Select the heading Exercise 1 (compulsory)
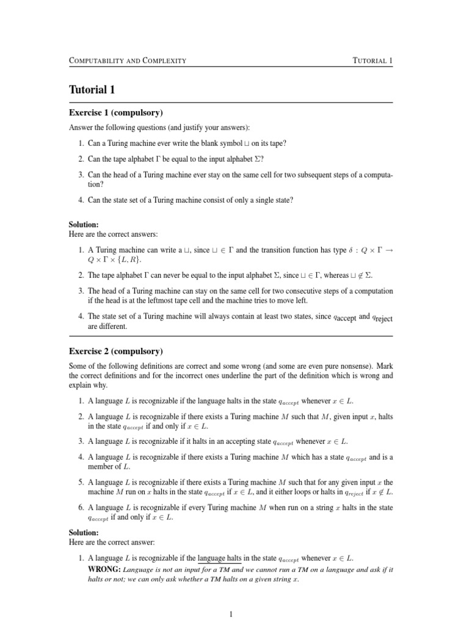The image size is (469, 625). pos(115,114)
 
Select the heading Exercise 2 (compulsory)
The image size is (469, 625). pos(115,352)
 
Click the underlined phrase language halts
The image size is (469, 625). pos(220,558)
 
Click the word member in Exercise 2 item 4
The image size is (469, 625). pos(101,467)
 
